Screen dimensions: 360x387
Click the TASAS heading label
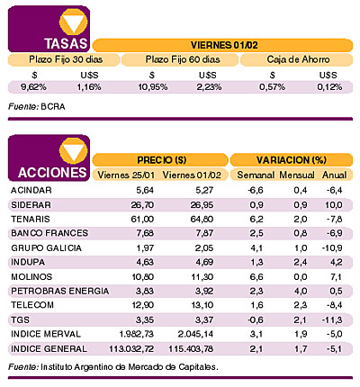[x=66, y=43]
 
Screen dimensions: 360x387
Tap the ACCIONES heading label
[x=52, y=173]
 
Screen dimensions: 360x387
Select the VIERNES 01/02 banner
[x=224, y=45]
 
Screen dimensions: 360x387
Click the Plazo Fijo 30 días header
[x=66, y=59]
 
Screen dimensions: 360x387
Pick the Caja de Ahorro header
[x=298, y=59]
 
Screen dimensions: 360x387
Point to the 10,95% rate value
[x=153, y=87]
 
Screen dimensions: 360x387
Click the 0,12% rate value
[x=329, y=87]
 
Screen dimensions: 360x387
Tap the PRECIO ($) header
[x=162, y=160]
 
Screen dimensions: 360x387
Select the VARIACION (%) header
[x=292, y=160]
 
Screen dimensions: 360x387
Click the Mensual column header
[x=297, y=175]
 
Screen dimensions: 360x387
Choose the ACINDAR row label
[x=31, y=190]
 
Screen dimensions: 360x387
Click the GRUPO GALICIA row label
[x=46, y=248]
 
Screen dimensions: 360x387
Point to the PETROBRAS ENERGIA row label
[x=59, y=291]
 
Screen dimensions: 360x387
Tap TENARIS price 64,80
[x=202, y=219]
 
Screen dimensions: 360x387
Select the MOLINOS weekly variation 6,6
[x=256, y=276]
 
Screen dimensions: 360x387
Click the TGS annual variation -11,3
[x=332, y=320]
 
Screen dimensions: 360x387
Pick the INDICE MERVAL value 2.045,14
[x=195, y=334]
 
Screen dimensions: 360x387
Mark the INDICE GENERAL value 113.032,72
[x=131, y=349]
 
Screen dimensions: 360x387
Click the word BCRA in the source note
[x=53, y=107]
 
